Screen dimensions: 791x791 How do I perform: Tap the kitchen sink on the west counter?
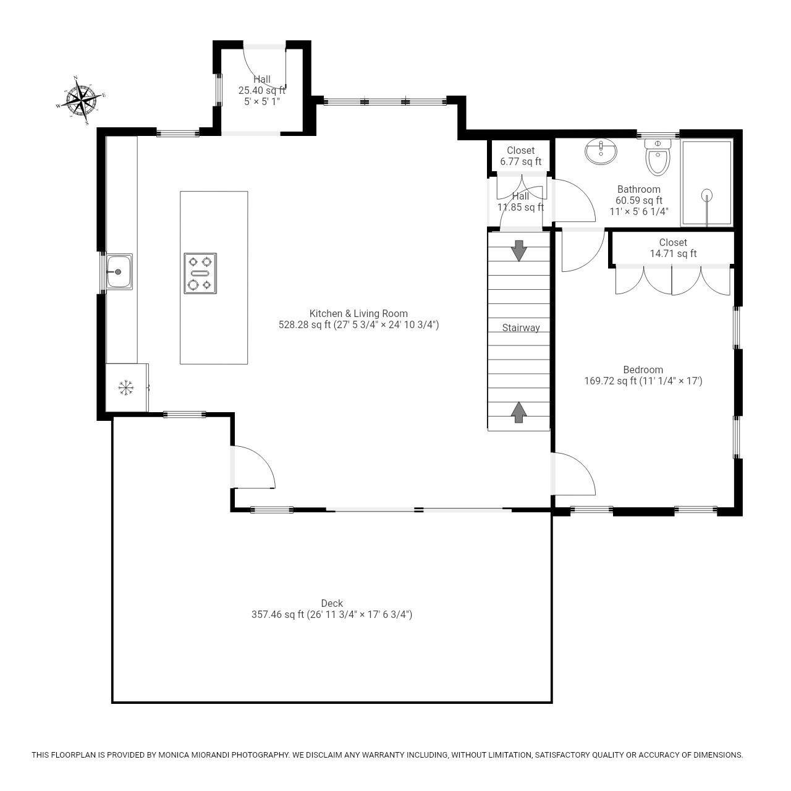118,271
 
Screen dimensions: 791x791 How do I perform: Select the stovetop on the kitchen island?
200,273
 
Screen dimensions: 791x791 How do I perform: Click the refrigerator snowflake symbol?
126,388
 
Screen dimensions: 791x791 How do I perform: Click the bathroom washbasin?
601,151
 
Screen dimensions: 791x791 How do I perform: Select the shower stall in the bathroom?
706,183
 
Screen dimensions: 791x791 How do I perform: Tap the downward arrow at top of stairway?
519,250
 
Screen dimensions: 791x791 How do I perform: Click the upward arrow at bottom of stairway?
519,412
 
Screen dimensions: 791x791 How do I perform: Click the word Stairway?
520,328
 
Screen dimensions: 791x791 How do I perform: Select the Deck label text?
332,604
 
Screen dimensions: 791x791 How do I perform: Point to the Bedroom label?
643,370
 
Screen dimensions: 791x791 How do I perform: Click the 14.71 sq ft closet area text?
673,254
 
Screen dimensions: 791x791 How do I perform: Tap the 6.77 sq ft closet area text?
520,162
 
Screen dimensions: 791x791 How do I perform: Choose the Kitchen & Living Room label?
358,313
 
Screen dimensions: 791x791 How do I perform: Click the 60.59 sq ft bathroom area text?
638,200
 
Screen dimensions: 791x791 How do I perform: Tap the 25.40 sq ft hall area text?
262,90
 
